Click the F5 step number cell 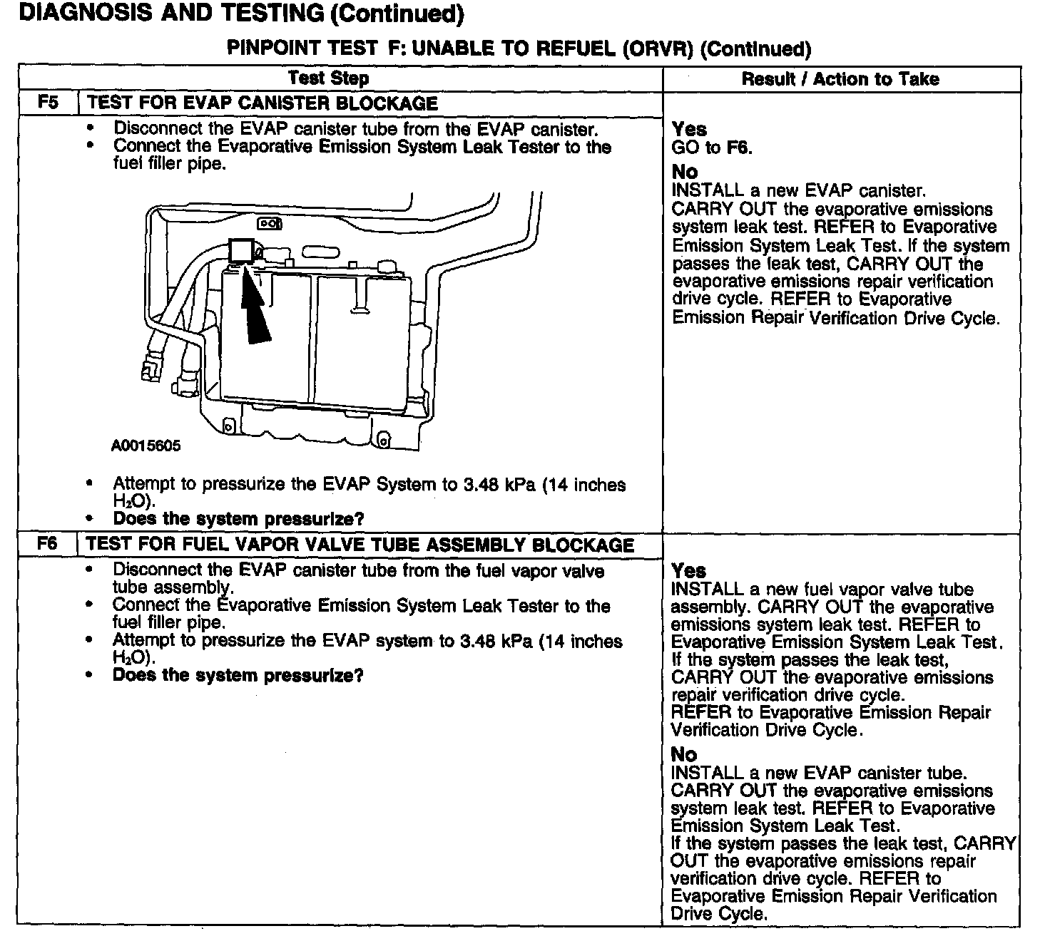(x=47, y=103)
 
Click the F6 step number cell (x=47, y=545)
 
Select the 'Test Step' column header (x=328, y=78)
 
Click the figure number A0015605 (x=146, y=446)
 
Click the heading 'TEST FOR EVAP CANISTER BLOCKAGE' (x=262, y=103)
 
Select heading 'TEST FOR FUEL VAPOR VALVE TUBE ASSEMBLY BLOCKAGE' (x=360, y=545)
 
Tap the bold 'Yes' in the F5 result (x=689, y=130)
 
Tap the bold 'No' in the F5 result (x=685, y=172)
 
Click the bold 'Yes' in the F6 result (x=688, y=571)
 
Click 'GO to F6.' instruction (x=712, y=148)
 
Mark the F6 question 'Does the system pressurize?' (x=238, y=675)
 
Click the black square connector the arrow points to (x=240, y=251)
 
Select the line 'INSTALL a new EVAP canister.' (x=799, y=191)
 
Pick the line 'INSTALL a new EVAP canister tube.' (x=819, y=773)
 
